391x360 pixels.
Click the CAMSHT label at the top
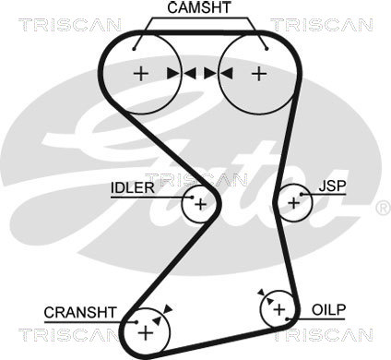tap(199, 7)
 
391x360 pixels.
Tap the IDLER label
tap(133, 187)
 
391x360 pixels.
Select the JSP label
tap(332, 186)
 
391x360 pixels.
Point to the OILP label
tap(328, 310)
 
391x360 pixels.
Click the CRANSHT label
tap(80, 313)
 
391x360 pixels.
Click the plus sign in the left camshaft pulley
tap(141, 74)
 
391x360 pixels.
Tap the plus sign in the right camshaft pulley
tap(259, 74)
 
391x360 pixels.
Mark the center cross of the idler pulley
tap(201, 204)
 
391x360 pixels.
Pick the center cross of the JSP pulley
tap(294, 203)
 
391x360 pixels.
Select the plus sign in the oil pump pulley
tap(279, 309)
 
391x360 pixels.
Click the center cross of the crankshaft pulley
tap(146, 333)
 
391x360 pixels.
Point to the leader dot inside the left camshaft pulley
tap(134, 49)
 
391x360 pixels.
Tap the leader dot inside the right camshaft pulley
tap(267, 49)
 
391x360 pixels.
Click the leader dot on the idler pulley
tap(193, 198)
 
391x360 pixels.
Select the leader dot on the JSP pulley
tap(302, 195)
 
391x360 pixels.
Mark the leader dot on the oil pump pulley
tap(287, 319)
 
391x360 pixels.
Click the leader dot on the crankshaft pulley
tap(136, 322)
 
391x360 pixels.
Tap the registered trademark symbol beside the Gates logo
tap(383, 209)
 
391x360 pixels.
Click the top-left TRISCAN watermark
tap(70, 25)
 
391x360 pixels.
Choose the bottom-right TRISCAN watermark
tap(322, 335)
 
